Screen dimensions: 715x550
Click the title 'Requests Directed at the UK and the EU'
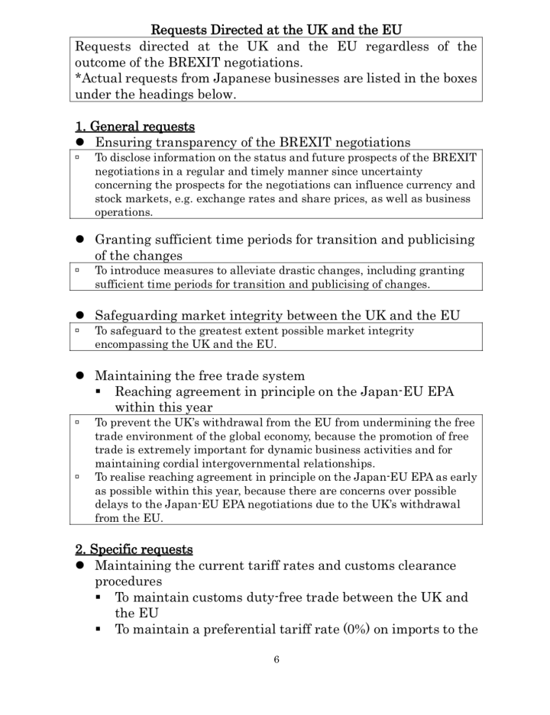click(x=277, y=31)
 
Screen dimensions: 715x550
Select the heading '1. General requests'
click(x=134, y=125)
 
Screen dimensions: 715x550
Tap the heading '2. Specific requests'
click(x=134, y=549)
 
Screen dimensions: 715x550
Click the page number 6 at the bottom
click(x=277, y=660)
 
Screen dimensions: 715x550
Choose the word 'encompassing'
click(x=131, y=344)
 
